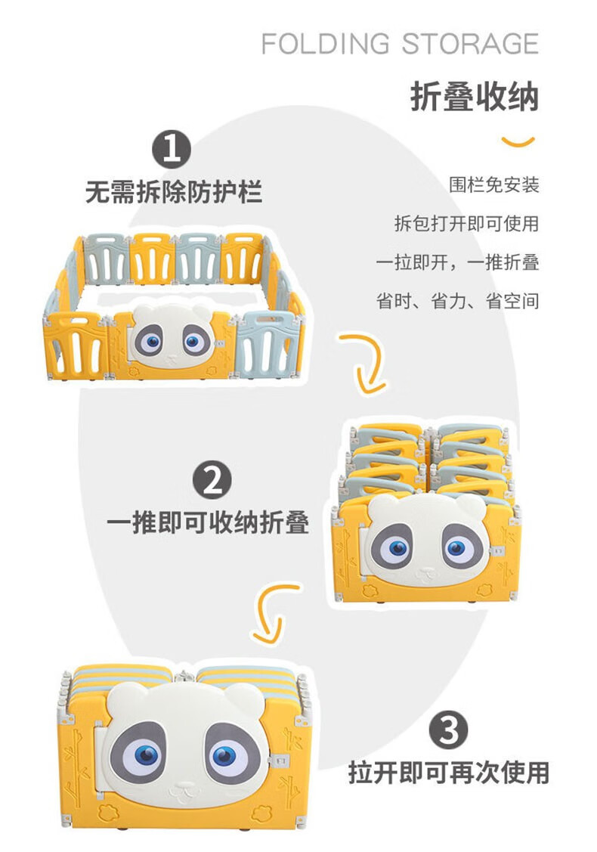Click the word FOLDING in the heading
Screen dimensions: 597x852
[326, 44]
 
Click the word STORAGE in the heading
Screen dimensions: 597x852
[471, 44]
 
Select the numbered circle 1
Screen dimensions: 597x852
[172, 149]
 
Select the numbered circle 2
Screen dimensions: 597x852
[212, 480]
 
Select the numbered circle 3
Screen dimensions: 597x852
[449, 730]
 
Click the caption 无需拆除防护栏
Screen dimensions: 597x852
[174, 192]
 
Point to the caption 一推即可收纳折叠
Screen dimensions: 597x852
[208, 522]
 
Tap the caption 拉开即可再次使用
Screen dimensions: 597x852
[449, 772]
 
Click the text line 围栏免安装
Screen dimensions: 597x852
[493, 184]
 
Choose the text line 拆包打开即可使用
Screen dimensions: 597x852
[466, 223]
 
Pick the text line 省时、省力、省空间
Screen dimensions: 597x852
[458, 300]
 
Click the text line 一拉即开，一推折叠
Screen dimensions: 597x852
[457, 262]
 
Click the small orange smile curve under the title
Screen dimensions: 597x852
[518, 143]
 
